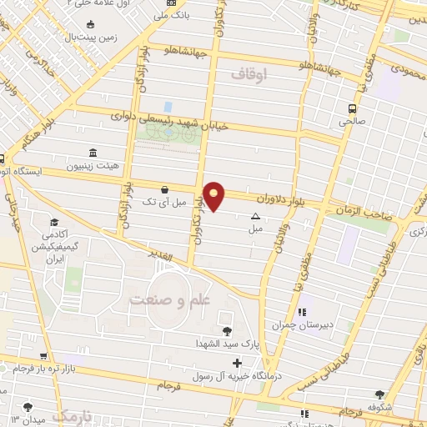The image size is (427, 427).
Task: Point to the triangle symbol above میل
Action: (255, 216)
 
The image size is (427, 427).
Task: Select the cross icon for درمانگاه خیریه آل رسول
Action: (238, 363)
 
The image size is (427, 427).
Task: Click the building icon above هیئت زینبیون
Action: (92, 153)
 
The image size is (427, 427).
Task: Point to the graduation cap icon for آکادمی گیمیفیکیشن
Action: (54, 223)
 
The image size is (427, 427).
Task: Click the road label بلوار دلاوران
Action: (292, 199)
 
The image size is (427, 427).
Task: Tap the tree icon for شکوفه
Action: (381, 394)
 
